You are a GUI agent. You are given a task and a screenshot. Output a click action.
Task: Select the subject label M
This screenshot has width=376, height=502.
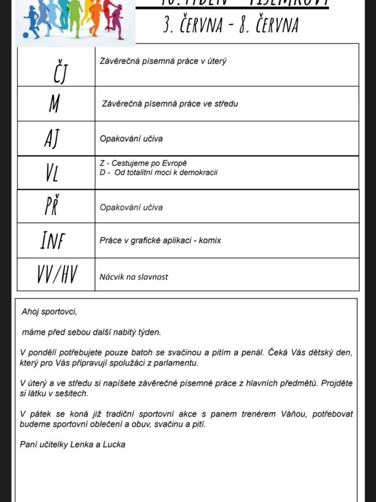(x=55, y=104)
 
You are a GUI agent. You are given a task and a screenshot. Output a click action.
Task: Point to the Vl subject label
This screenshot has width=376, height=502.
(x=51, y=173)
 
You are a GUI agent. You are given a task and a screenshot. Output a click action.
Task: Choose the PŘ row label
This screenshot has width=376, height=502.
(x=52, y=206)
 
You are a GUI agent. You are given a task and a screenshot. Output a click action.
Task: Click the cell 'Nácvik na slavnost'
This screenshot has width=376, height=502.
(x=133, y=277)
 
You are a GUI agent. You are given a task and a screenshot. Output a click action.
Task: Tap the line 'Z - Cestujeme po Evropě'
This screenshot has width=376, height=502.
(x=144, y=163)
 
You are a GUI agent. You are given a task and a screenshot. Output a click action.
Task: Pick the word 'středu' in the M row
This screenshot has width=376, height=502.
(x=224, y=104)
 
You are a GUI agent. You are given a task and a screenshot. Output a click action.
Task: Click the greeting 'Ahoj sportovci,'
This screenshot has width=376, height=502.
(x=49, y=311)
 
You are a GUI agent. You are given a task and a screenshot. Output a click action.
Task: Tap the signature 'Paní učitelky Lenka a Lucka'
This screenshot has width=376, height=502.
(x=73, y=445)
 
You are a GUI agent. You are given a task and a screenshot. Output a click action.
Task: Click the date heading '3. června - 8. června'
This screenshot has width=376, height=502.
(x=230, y=25)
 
